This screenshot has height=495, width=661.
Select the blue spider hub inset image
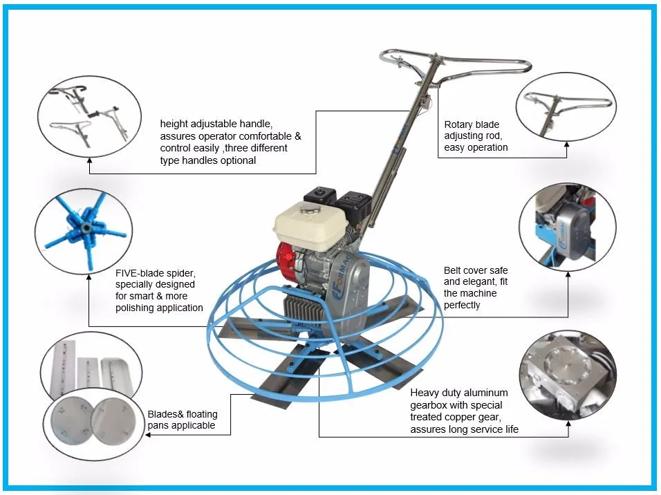point(84,232)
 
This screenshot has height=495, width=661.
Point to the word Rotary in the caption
point(458,125)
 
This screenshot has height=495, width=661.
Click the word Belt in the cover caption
point(452,270)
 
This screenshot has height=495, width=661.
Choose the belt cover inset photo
point(568,227)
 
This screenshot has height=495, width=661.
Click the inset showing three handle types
point(89,116)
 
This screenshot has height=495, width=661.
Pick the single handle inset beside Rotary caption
point(566,107)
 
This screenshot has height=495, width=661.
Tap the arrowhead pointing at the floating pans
point(149,434)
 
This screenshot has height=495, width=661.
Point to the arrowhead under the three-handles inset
point(89,160)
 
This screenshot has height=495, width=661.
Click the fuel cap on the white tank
point(310,208)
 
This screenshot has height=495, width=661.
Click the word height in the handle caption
point(174,124)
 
